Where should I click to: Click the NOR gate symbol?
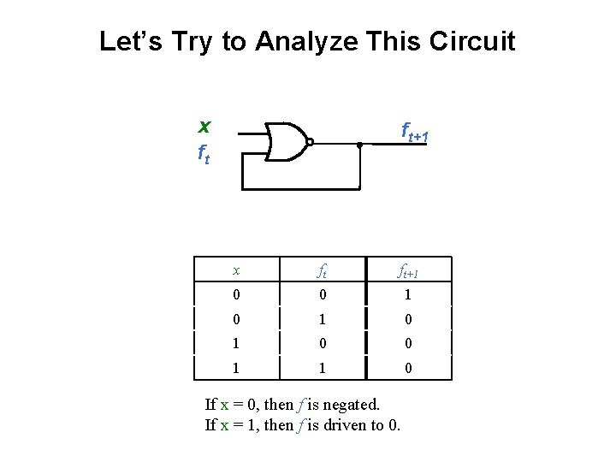286,142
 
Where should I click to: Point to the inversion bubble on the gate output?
310,143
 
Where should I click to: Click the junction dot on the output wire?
360,145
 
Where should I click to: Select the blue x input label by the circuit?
204,127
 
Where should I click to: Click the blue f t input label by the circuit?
204,154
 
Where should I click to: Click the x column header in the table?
236,270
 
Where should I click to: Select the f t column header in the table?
323,272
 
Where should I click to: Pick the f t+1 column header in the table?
408,272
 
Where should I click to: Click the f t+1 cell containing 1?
408,295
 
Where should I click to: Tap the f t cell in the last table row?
323,367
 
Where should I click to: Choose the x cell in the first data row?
236,295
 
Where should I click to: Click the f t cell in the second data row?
323,319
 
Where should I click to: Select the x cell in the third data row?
236,343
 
